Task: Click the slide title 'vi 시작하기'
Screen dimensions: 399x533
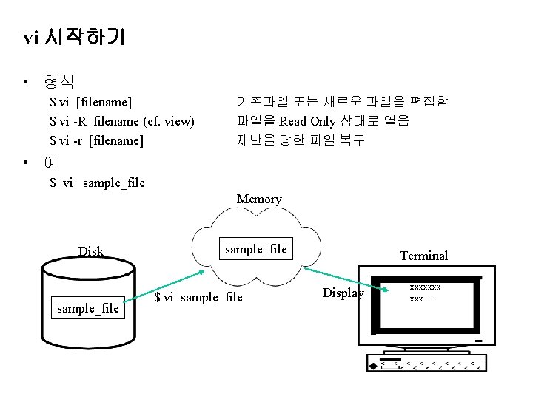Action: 74,38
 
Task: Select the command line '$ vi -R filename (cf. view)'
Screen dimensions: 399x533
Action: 122,120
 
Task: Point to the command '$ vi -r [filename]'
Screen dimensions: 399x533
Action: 96,140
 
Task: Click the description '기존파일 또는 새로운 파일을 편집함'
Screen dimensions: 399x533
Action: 342,101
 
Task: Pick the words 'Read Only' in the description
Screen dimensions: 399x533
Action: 307,120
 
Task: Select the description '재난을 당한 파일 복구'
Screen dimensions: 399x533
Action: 300,140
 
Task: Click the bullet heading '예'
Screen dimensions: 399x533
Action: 50,163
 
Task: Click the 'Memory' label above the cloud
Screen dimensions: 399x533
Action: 259,199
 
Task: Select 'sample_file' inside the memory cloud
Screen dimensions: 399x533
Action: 255,249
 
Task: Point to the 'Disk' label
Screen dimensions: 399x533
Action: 91,251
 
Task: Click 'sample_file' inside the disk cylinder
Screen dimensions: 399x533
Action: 87,308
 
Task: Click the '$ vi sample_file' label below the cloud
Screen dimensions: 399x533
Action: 198,297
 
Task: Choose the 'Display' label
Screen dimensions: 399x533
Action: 343,293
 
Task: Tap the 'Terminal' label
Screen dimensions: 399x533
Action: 424,256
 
